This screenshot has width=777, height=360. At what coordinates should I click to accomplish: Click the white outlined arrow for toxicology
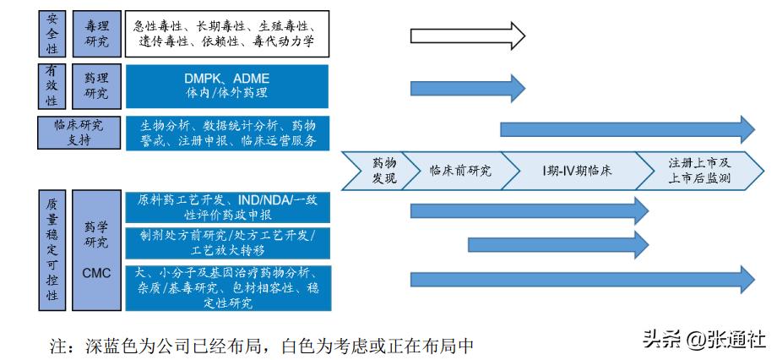467,35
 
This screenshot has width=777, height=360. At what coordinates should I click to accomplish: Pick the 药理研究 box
97,86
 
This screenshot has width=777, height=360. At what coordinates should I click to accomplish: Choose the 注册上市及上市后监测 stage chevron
699,171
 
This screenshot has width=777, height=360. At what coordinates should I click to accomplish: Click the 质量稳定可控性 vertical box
52,251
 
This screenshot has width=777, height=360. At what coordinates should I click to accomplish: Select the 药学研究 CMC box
97,251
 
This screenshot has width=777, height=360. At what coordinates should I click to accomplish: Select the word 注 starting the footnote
58,346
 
